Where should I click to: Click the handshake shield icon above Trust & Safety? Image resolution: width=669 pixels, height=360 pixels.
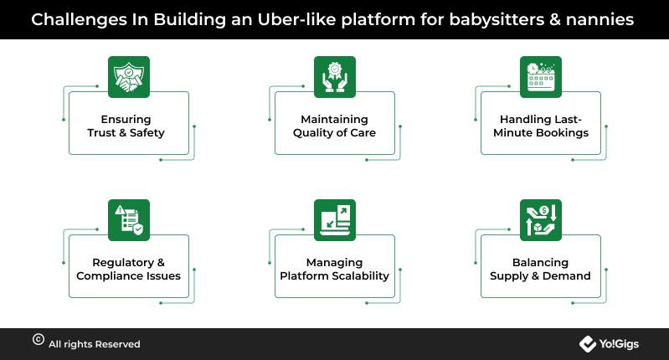[129, 77]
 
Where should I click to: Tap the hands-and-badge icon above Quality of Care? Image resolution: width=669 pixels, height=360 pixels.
[335, 77]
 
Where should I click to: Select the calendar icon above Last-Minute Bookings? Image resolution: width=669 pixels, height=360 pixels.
[541, 77]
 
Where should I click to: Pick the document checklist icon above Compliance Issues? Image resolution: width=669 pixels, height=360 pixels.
[129, 220]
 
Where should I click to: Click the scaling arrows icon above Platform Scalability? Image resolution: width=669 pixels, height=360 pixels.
[335, 220]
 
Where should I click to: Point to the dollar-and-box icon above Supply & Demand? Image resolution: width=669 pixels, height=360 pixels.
[541, 220]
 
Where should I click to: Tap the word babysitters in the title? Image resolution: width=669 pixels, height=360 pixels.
[497, 20]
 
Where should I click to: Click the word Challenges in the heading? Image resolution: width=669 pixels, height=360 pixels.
[79, 20]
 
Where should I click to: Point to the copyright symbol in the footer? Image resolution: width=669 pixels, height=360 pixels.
[39, 340]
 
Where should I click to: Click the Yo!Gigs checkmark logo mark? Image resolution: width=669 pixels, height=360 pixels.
[588, 344]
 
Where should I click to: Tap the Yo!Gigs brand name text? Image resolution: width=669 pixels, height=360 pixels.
[619, 344]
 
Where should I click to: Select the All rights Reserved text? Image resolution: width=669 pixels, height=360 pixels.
[95, 344]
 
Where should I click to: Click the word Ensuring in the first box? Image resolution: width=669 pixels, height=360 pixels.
[126, 120]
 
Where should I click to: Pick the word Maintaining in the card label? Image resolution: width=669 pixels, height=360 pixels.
[335, 120]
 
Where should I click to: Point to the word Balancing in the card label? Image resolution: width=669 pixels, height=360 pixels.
[541, 263]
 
